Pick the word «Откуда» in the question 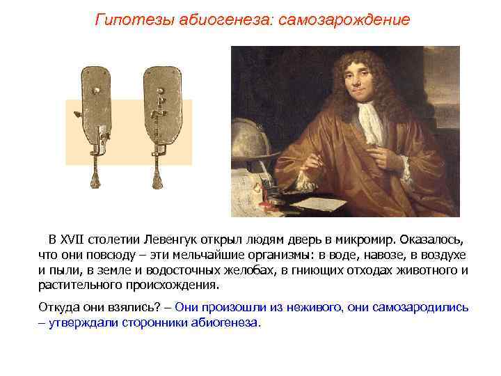click(58, 307)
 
